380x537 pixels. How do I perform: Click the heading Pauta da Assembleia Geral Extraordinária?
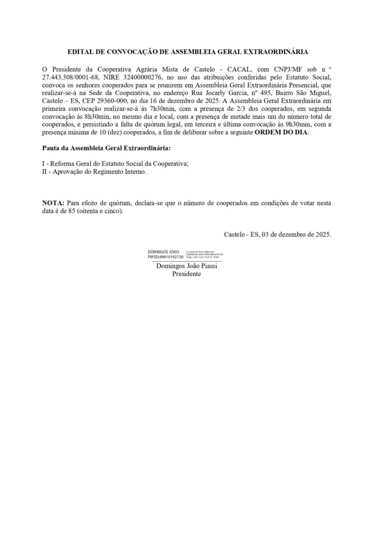pyautogui.click(x=106, y=148)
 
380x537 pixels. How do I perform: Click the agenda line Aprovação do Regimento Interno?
pyautogui.click(x=99, y=172)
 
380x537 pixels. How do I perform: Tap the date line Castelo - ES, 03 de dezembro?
pyautogui.click(x=277, y=234)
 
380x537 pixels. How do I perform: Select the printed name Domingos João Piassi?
pyautogui.click(x=187, y=266)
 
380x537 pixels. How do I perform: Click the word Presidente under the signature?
pyautogui.click(x=187, y=274)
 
